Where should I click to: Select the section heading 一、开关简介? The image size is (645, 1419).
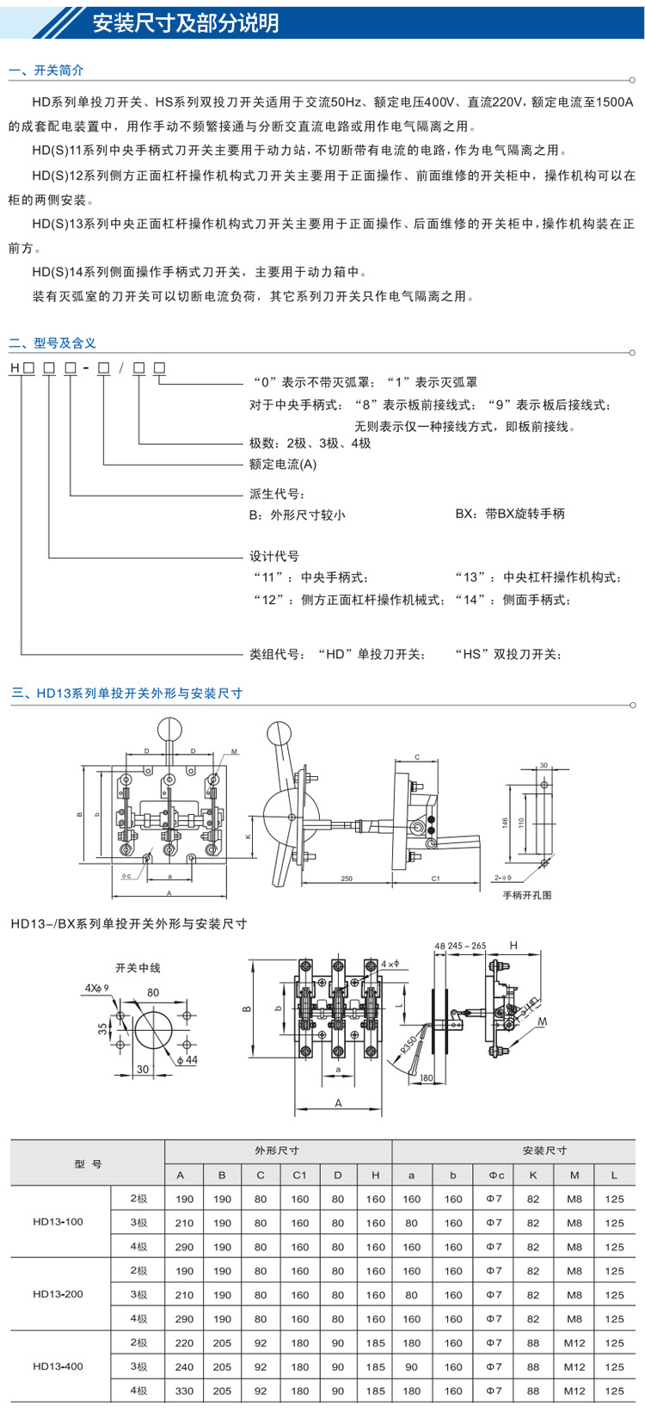46,71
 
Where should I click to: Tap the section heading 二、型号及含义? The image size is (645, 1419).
52,342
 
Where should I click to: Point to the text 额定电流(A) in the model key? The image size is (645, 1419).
283,465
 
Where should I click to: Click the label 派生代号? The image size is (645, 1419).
277,494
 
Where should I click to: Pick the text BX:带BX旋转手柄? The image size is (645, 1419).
510,514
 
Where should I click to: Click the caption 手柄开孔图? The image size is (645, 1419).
527,895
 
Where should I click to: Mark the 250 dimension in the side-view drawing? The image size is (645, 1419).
347,879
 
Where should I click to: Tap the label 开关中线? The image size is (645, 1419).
138,968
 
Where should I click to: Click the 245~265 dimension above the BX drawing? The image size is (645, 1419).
467,946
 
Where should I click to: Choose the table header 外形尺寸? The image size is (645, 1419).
277,1151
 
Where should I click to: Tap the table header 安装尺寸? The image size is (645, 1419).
544,1151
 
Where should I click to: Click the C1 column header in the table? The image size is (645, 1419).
299,1175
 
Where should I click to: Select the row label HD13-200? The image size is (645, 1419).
58,1294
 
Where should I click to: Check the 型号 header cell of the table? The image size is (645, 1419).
88,1163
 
